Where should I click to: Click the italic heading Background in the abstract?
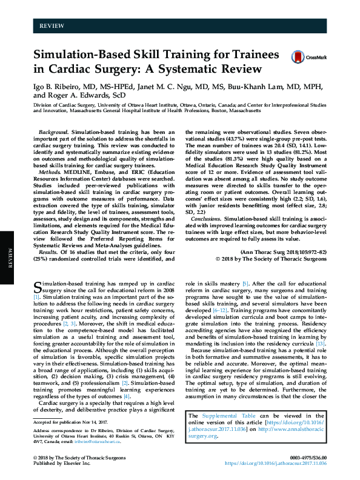point(52,132)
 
